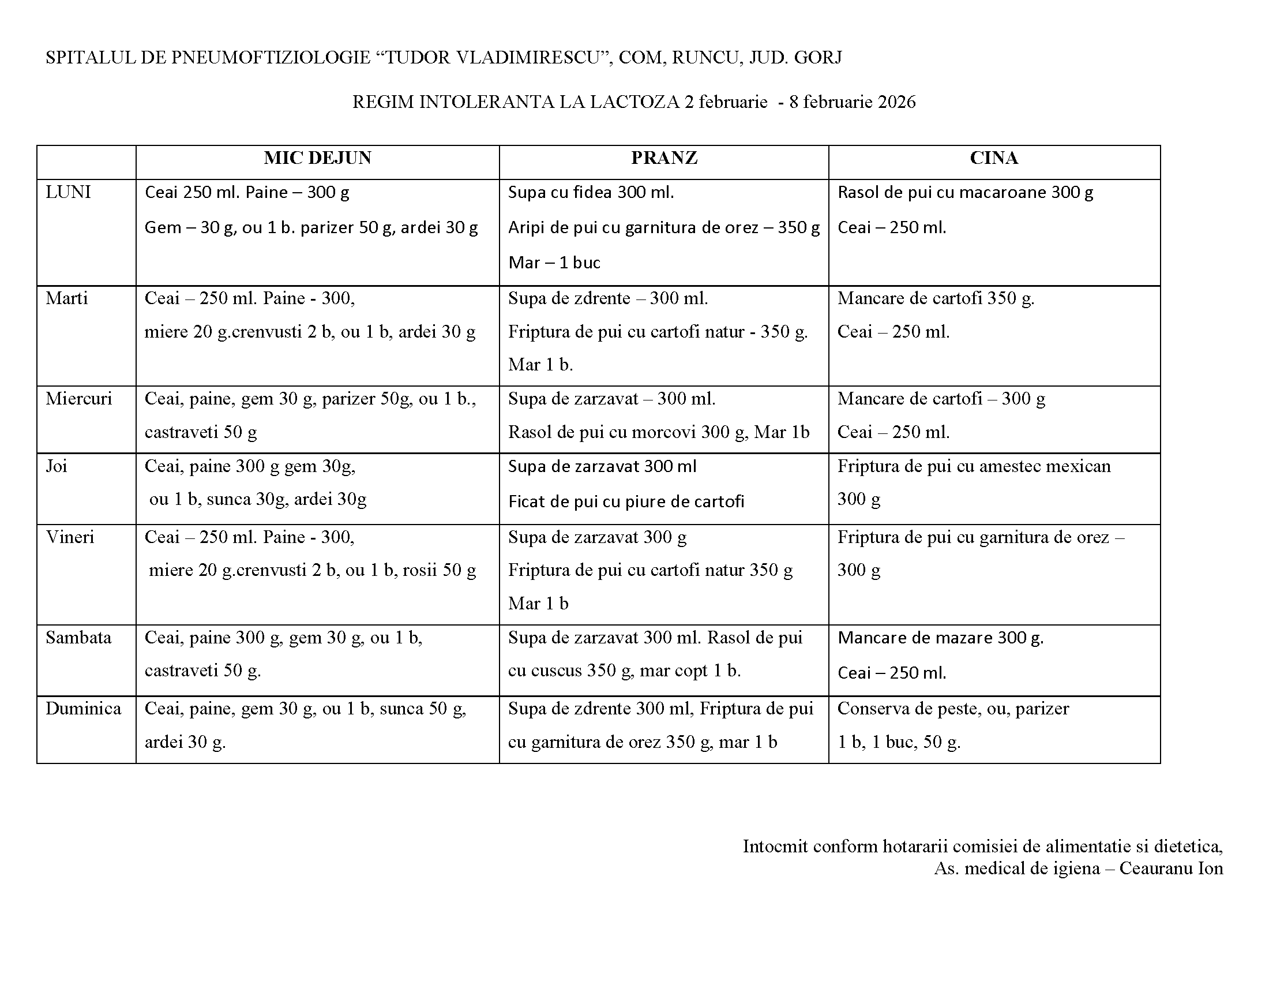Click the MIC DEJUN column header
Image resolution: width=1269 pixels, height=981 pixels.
point(317,158)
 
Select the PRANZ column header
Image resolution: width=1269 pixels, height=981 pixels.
point(663,158)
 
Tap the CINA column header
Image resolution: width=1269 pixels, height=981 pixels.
point(994,158)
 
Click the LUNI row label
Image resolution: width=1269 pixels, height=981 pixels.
point(69,192)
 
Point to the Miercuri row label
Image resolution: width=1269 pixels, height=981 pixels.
point(78,399)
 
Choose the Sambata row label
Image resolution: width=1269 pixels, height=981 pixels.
point(78,638)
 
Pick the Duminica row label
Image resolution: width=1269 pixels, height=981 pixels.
point(83,709)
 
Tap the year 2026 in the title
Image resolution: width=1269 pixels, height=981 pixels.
point(896,102)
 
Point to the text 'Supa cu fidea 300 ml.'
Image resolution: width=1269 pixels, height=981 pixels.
point(591,192)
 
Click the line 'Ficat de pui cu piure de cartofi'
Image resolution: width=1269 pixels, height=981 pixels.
point(626,501)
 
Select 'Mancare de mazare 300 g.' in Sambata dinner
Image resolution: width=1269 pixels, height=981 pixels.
point(940,638)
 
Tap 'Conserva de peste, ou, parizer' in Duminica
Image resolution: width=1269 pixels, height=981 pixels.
point(953,709)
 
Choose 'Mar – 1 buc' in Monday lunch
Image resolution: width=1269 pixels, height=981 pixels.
point(554,263)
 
